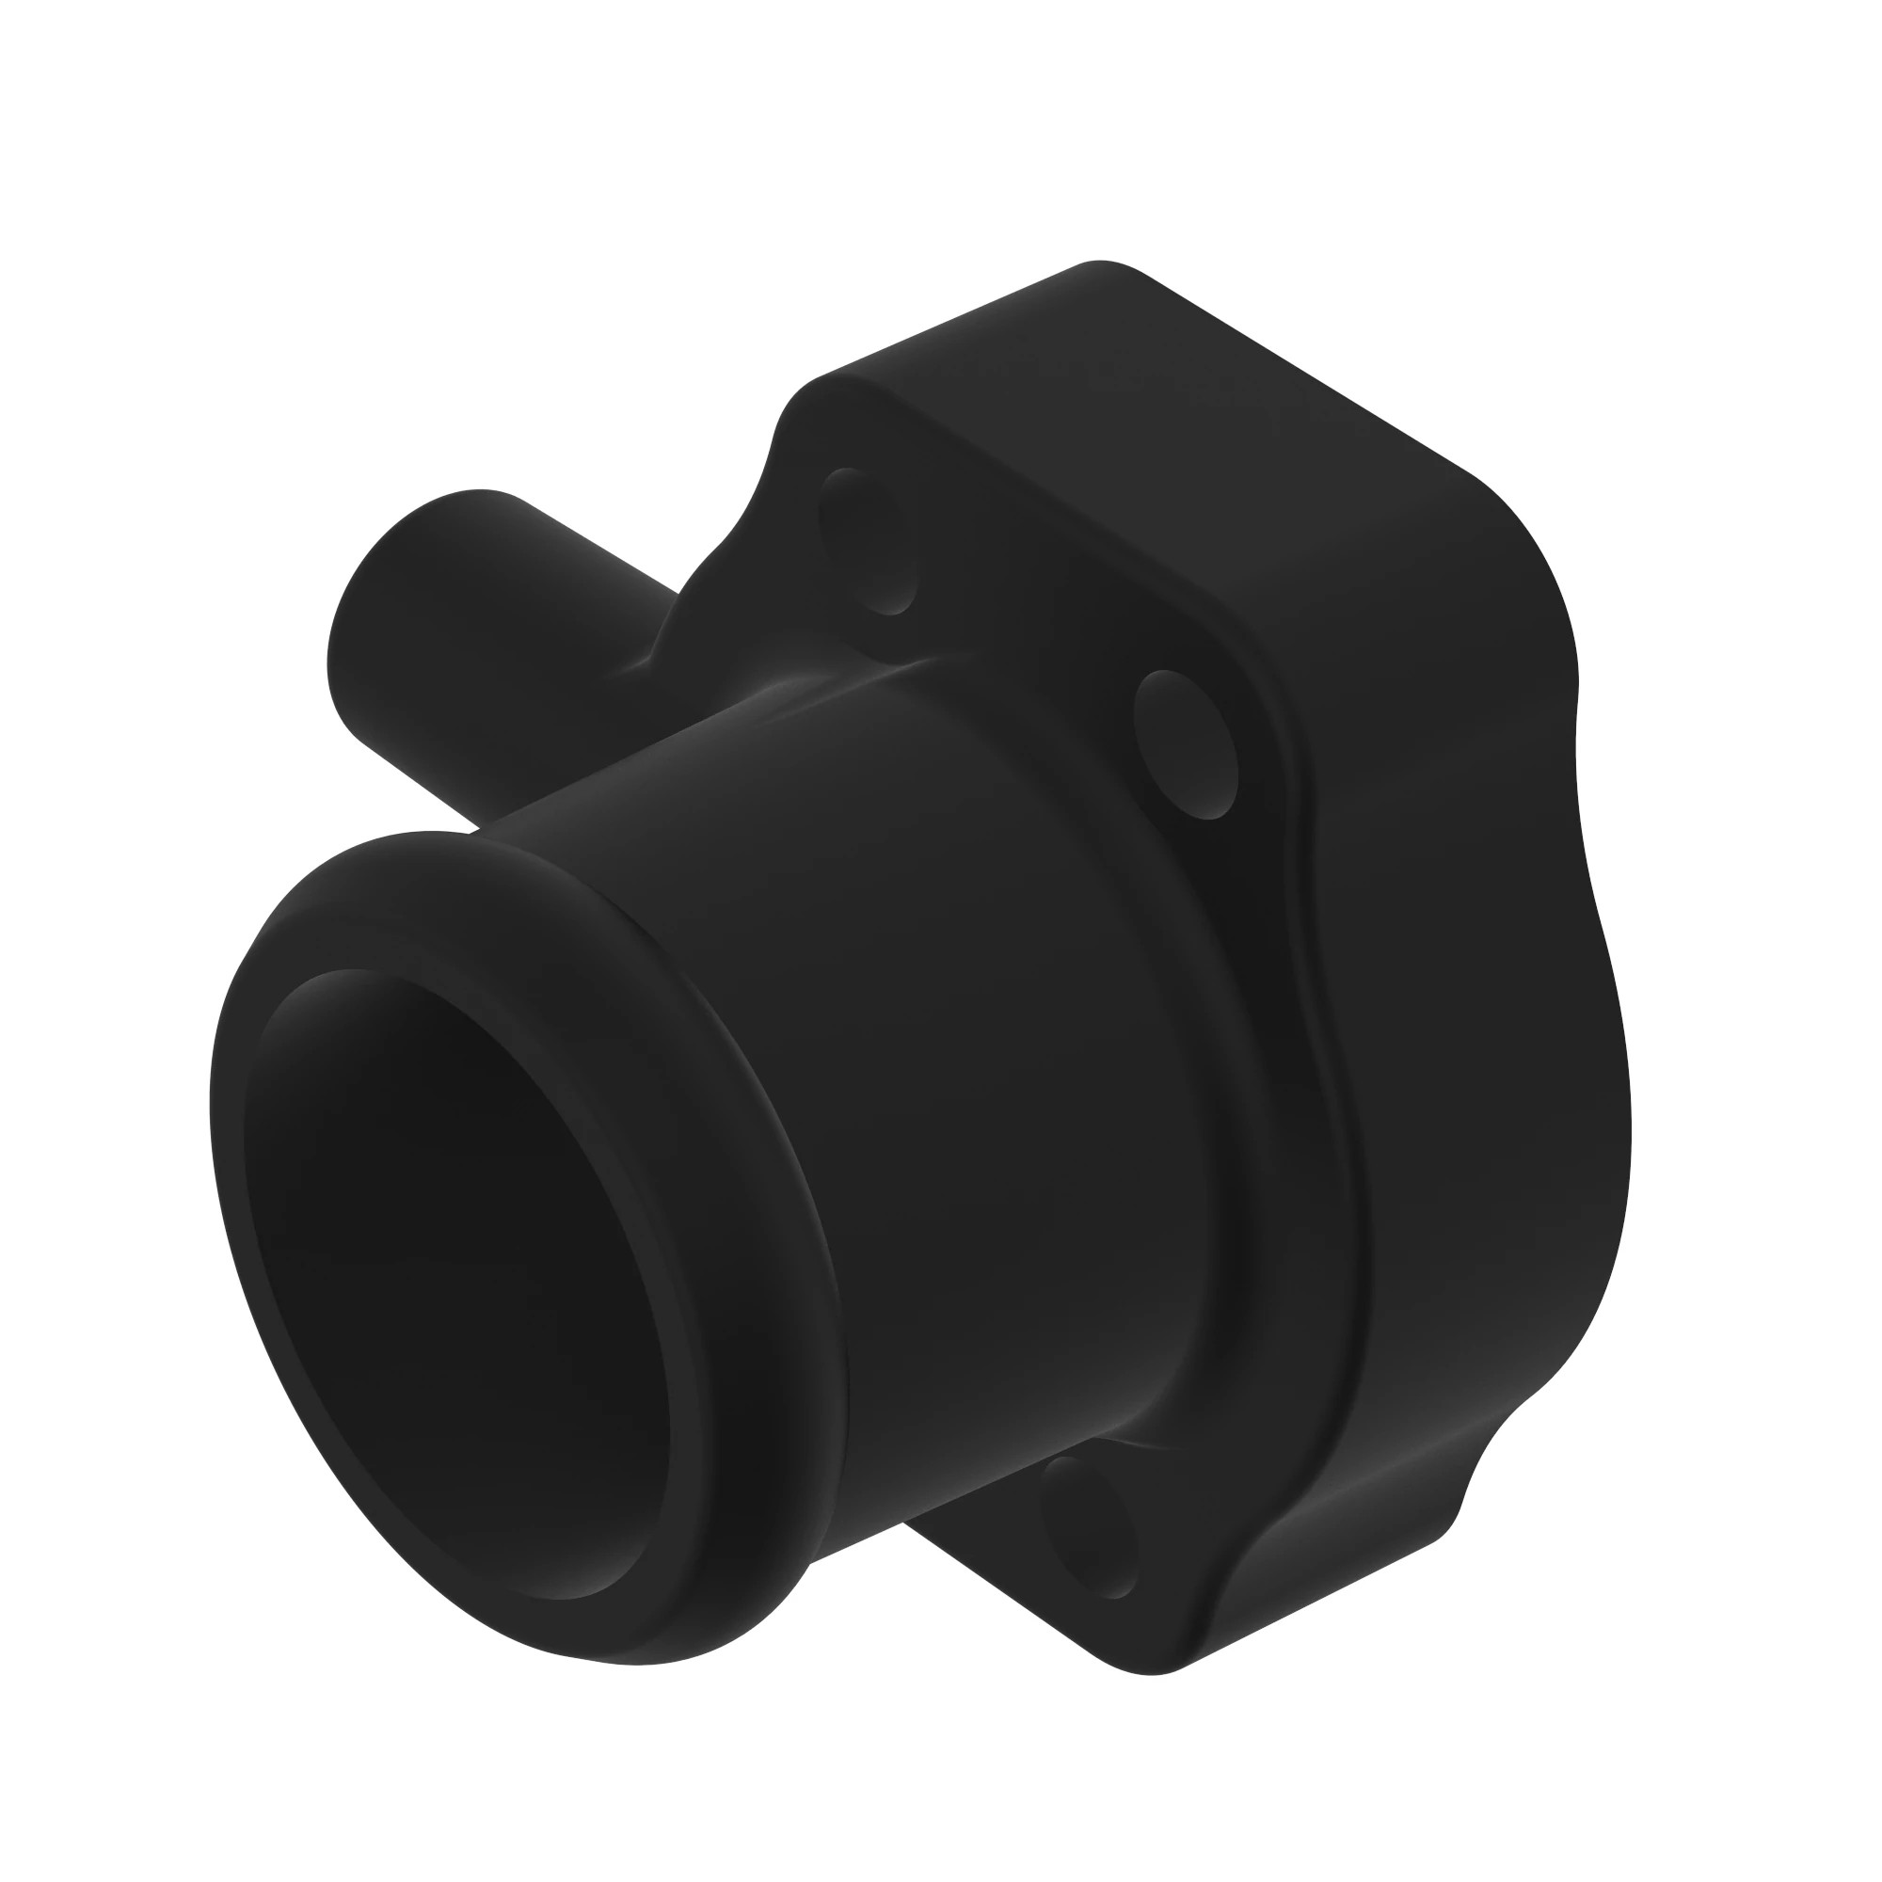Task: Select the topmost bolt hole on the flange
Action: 869,542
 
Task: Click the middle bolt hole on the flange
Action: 1186,744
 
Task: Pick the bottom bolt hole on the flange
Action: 1090,1525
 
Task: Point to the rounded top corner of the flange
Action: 1101,268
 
